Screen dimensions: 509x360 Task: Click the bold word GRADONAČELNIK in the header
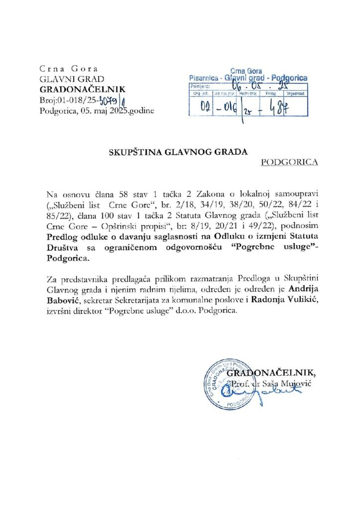coord(83,90)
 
